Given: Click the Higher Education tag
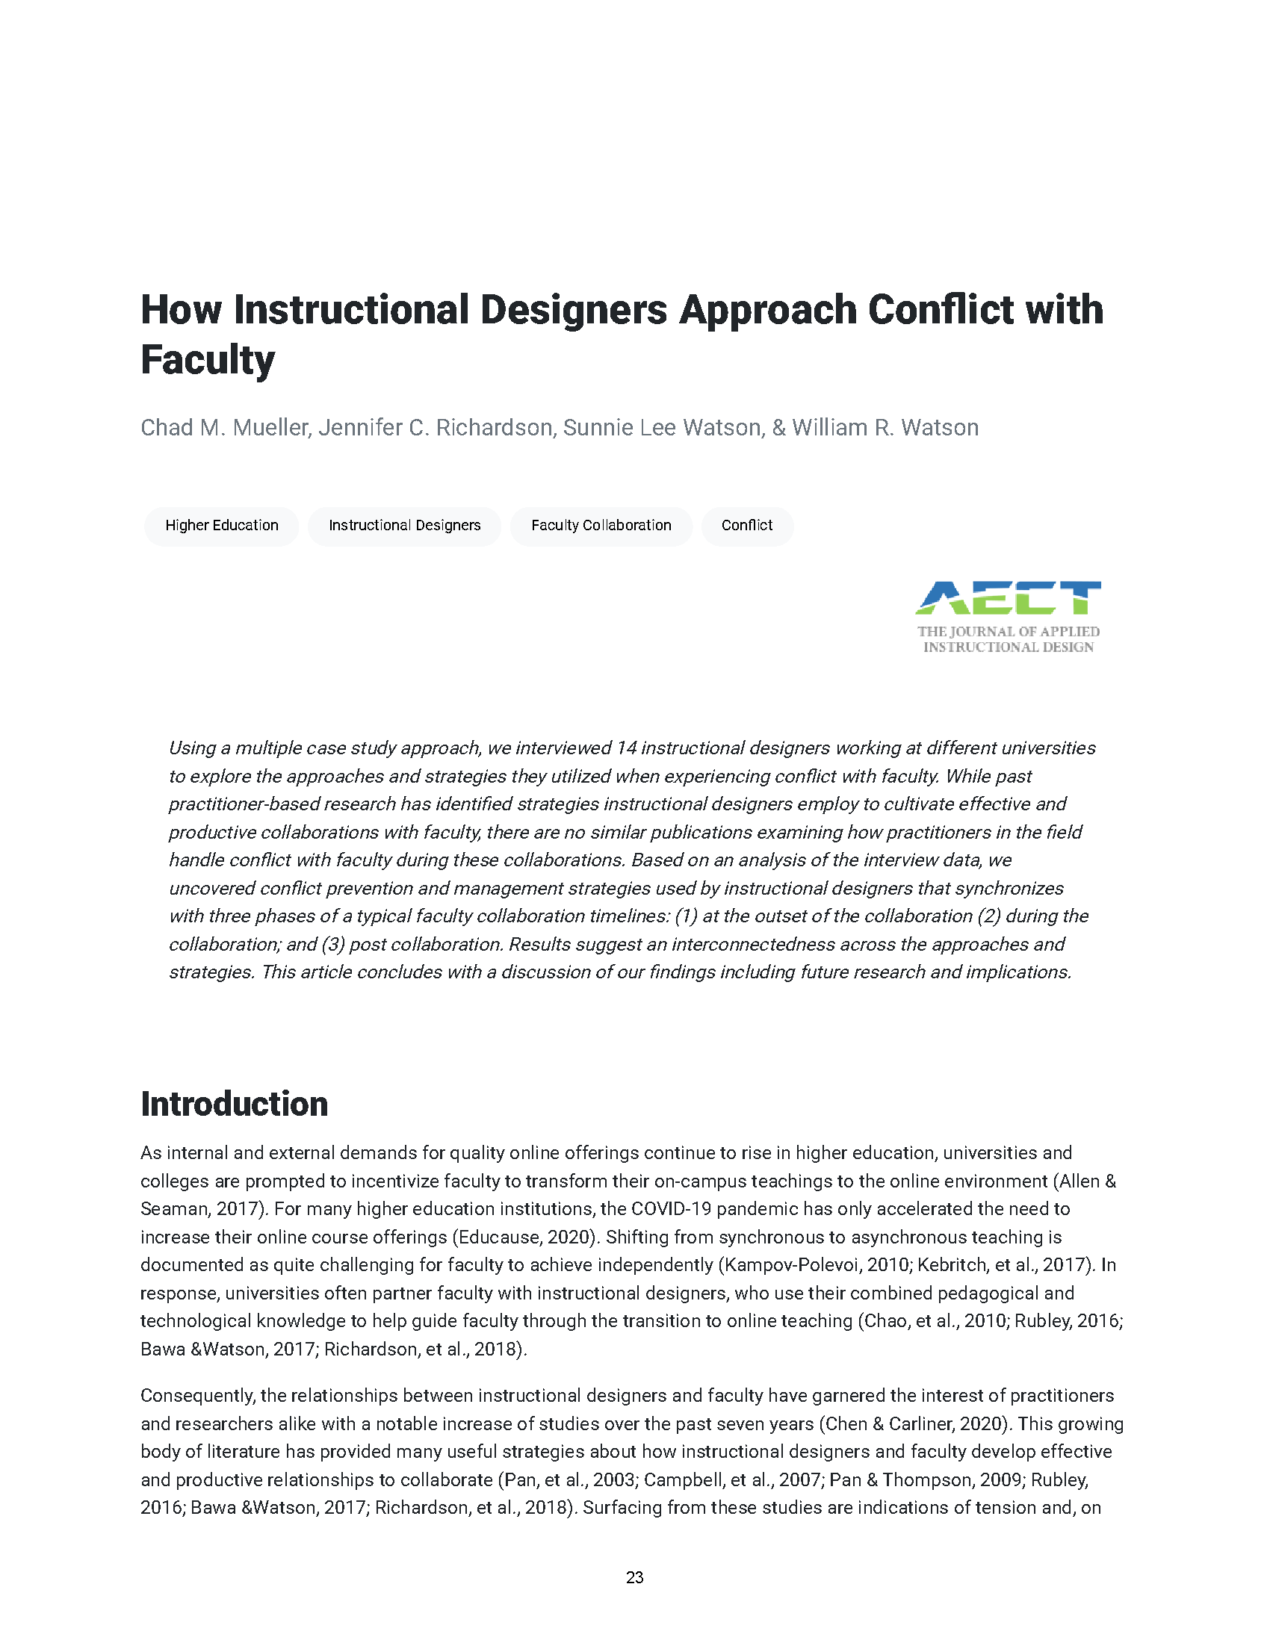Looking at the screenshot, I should pyautogui.click(x=221, y=525).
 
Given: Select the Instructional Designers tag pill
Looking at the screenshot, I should pyautogui.click(x=404, y=525).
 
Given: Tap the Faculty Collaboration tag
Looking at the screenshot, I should pyautogui.click(x=601, y=525).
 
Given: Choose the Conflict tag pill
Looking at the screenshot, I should pyautogui.click(x=746, y=525).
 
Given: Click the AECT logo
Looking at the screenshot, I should pyautogui.click(x=1008, y=598).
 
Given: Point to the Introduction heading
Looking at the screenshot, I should pyautogui.click(x=234, y=1105).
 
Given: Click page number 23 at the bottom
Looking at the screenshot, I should pyautogui.click(x=634, y=1577).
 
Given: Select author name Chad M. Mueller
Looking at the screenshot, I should pyautogui.click(x=224, y=427).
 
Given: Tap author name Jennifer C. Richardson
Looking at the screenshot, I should pyautogui.click(x=436, y=427).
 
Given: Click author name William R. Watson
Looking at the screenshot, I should pyautogui.click(x=885, y=427).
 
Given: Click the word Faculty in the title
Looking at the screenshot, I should pyautogui.click(x=208, y=360).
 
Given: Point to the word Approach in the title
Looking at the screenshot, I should pyautogui.click(x=767, y=310).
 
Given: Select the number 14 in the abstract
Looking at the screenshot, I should pyautogui.click(x=626, y=748).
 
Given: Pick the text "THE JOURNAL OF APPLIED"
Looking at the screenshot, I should pyautogui.click(x=1008, y=632).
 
